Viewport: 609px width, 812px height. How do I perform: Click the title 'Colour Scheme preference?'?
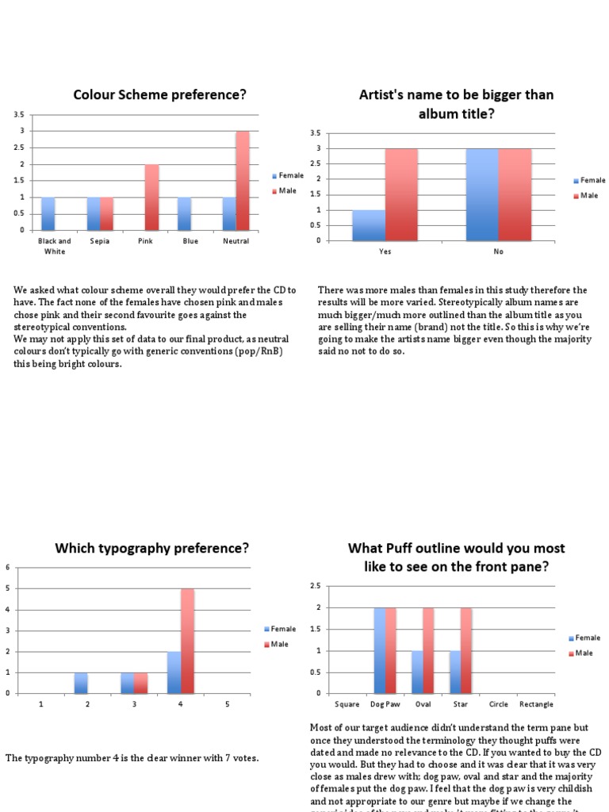159,95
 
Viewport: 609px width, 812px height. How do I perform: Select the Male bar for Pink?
151,197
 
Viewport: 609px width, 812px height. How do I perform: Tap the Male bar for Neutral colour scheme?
243,181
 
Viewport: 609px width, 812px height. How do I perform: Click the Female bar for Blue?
185,214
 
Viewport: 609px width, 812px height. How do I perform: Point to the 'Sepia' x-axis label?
100,241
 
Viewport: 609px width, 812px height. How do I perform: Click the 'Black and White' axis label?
55,246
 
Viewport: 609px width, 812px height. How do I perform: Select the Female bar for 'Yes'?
369,225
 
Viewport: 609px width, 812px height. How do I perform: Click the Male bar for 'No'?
515,194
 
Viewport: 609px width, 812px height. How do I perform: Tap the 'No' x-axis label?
499,251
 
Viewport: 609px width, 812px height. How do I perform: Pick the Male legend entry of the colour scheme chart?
287,191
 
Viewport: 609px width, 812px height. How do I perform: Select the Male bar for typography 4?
188,641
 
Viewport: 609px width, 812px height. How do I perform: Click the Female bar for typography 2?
81,683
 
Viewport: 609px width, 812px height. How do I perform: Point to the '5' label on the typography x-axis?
228,704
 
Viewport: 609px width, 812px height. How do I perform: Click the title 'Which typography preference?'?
151,548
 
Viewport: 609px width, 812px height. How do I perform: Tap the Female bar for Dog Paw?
381,650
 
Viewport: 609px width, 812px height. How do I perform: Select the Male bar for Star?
466,650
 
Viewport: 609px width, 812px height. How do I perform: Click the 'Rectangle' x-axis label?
536,704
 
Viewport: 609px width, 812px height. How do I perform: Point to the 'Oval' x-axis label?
423,704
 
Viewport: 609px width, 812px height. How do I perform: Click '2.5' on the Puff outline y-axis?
315,586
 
